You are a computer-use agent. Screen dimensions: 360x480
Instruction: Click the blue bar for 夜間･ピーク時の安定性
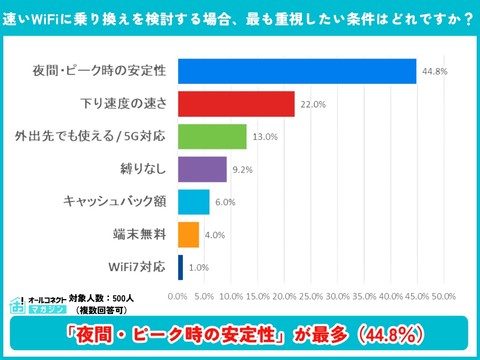pyautogui.click(x=297, y=71)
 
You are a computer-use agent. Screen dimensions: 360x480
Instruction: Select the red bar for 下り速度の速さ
pyautogui.click(x=236, y=104)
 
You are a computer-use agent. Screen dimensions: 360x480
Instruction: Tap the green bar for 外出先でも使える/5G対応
pyautogui.click(x=212, y=137)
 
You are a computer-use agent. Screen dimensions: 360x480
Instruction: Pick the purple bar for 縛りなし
pyautogui.click(x=202, y=169)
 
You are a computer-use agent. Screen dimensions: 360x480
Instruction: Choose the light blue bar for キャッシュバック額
pyautogui.click(x=194, y=202)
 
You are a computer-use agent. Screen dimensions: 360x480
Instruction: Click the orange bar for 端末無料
pyautogui.click(x=188, y=235)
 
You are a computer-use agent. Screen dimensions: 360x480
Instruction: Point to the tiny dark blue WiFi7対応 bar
pyautogui.click(x=180, y=268)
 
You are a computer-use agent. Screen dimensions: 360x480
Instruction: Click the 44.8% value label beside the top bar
pyautogui.click(x=435, y=72)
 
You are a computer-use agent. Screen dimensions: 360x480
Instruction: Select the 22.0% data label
pyautogui.click(x=313, y=105)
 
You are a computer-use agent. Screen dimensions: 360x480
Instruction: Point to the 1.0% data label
pyautogui.click(x=199, y=268)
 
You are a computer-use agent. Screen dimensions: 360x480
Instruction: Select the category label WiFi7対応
pyautogui.click(x=137, y=267)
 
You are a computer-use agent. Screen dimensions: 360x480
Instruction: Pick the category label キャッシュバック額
pyautogui.click(x=115, y=202)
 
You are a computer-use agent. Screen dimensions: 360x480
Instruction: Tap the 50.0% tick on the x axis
pyautogui.click(x=443, y=296)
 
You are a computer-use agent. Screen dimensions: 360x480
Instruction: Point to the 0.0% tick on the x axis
pyautogui.click(x=178, y=296)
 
